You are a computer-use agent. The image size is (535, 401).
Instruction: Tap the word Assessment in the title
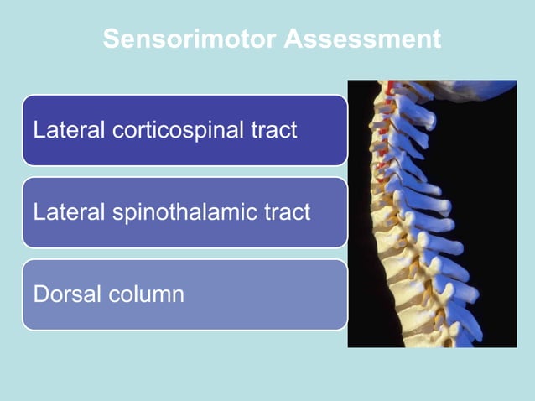click(x=362, y=39)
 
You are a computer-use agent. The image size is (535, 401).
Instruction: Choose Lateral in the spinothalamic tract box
click(x=62, y=212)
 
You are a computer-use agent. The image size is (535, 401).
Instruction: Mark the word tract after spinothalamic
click(x=288, y=212)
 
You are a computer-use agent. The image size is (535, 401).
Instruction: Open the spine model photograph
click(x=432, y=213)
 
